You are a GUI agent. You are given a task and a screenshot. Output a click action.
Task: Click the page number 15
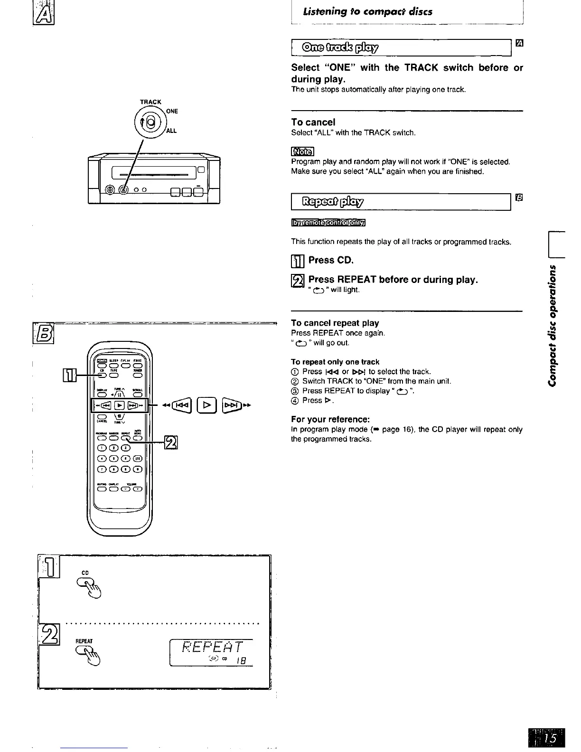(x=550, y=738)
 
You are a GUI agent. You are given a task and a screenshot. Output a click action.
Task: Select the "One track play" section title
(x=339, y=47)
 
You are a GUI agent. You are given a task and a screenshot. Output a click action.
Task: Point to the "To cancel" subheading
(x=313, y=122)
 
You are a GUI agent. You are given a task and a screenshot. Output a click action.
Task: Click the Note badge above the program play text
(x=302, y=151)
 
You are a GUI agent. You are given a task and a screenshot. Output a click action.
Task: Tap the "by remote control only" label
(x=329, y=223)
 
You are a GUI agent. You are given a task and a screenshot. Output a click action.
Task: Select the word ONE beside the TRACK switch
(x=172, y=111)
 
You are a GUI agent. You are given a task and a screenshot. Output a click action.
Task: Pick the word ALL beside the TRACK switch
(x=171, y=131)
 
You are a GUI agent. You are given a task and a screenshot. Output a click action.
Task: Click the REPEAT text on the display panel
(x=212, y=648)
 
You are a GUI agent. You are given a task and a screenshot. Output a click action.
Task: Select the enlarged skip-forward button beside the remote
(x=235, y=405)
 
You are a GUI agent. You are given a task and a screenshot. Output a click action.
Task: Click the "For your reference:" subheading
(x=330, y=419)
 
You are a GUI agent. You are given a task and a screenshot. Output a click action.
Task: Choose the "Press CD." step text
(x=331, y=260)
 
